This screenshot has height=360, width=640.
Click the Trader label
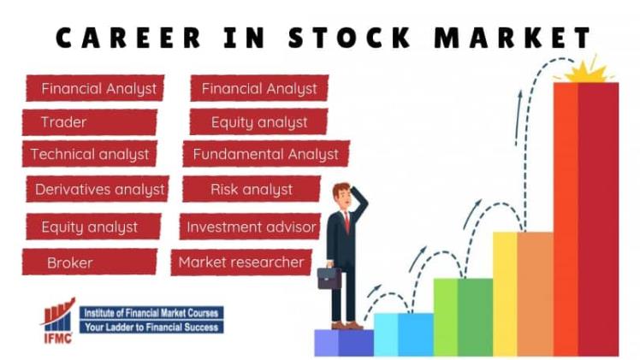pyautogui.click(x=88, y=122)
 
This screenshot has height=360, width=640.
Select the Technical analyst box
pyautogui.click(x=89, y=155)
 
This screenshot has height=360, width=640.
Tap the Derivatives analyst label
pyautogui.click(x=96, y=189)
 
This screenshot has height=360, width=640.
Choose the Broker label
pyautogui.click(x=89, y=263)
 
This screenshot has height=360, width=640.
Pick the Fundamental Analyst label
pyautogui.click(x=265, y=155)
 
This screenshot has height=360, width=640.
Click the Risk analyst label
pyautogui.click(x=252, y=189)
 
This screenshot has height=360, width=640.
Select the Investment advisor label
pyautogui.click(x=251, y=227)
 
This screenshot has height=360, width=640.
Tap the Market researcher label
pyautogui.click(x=241, y=263)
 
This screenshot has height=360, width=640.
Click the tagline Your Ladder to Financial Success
pyautogui.click(x=151, y=327)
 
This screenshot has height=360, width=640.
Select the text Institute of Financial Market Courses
pyautogui.click(x=151, y=312)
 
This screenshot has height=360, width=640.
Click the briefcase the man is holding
pyautogui.click(x=329, y=278)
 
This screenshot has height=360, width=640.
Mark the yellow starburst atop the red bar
pyautogui.click(x=586, y=70)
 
